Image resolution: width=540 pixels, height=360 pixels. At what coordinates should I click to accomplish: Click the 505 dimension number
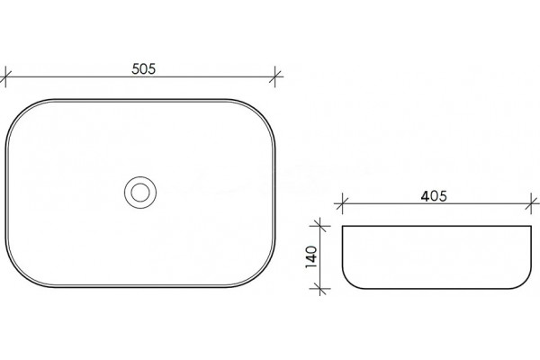click(x=144, y=69)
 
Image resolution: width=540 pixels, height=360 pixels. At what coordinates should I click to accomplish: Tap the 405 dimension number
click(x=434, y=196)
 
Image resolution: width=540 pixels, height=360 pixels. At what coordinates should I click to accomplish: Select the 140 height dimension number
click(x=311, y=257)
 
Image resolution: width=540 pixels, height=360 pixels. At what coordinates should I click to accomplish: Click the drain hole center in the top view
click(x=140, y=193)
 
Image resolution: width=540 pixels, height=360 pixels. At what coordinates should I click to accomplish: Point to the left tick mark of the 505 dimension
click(x=5, y=76)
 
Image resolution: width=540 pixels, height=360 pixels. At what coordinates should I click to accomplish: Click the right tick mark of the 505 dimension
click(x=274, y=76)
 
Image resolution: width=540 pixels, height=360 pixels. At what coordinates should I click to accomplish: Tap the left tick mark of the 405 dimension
click(x=342, y=203)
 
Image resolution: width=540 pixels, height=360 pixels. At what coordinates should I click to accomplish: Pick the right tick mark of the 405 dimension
click(x=531, y=203)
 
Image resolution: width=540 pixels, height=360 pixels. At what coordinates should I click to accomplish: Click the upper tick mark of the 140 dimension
click(x=319, y=226)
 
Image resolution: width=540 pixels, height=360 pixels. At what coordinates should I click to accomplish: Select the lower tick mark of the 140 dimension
click(x=319, y=288)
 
